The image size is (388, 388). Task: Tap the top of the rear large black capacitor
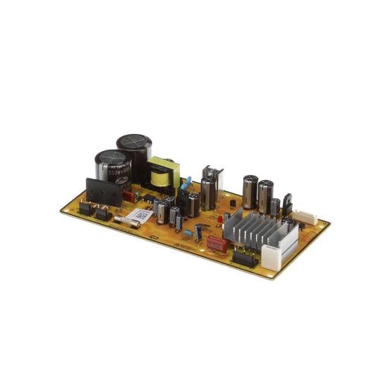point(134,140)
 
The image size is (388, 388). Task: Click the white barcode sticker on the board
point(142,216)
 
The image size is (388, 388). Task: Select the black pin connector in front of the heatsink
point(243,257)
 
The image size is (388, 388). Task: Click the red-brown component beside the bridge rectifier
point(126,196)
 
